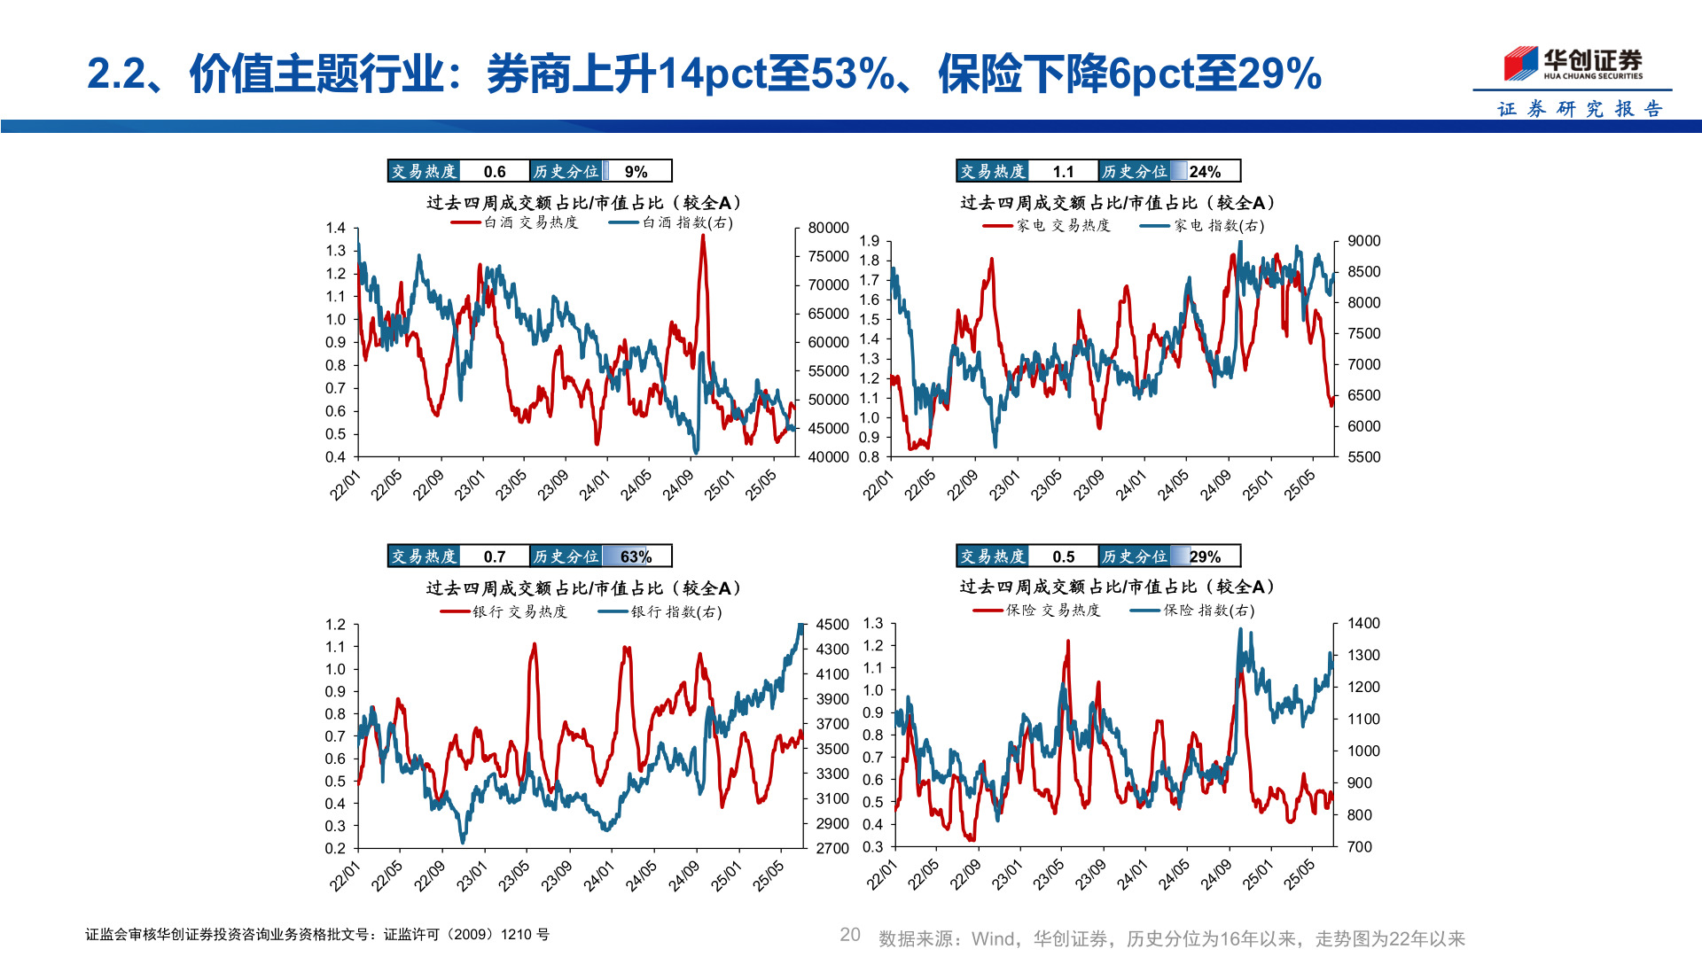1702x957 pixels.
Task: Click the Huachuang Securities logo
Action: (x=1573, y=65)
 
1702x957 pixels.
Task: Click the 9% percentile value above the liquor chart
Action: (x=636, y=171)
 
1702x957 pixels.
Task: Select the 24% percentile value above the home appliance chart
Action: (x=1205, y=171)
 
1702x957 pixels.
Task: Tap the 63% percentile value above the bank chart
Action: (x=636, y=556)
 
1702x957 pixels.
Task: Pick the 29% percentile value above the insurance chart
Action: (x=1205, y=556)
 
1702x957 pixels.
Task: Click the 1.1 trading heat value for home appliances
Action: (x=1063, y=171)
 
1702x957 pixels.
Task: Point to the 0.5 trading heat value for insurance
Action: (x=1063, y=556)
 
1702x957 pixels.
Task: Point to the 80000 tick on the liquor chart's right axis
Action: (x=828, y=228)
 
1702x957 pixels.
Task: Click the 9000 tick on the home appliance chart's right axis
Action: (x=1363, y=241)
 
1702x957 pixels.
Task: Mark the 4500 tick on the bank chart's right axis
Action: (x=831, y=625)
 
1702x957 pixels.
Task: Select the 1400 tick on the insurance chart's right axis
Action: (x=1363, y=624)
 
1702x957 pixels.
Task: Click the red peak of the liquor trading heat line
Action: (x=703, y=237)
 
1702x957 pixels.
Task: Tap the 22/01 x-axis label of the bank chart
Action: (x=345, y=875)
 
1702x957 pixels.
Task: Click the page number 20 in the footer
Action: (x=850, y=935)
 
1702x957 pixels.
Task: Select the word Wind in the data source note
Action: (x=992, y=938)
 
